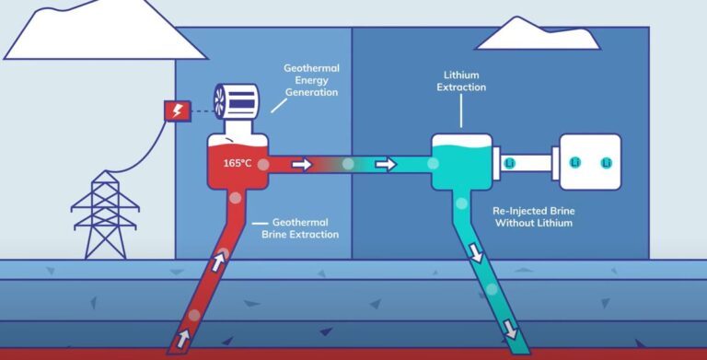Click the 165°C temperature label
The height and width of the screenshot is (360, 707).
238,163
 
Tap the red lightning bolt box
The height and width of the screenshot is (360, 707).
176,110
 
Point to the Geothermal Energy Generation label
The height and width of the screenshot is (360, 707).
311,79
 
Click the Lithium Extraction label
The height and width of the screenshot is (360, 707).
461,80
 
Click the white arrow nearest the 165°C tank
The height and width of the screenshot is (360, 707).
301,165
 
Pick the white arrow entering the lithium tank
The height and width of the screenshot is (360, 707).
387,165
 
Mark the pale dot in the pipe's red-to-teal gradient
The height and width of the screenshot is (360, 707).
348,165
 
